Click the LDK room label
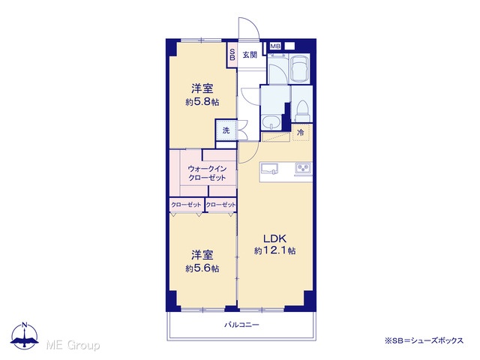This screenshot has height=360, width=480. point(275,238)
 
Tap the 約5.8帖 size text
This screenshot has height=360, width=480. point(202,102)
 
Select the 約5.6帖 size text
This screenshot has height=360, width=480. point(202,268)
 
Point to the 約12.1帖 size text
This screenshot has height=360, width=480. point(275,250)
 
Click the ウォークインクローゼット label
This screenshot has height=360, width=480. point(207,173)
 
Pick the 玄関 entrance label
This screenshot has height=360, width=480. point(250,55)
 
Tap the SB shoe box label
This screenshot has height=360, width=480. point(232,54)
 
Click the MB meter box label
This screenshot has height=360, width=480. point(275,46)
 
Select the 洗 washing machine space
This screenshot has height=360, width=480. point(226,130)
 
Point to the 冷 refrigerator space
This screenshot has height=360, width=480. point(301,132)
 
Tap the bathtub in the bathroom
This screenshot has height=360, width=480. point(300,69)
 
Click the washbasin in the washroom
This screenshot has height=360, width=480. point(271,122)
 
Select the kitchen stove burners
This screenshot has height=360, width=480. point(303,168)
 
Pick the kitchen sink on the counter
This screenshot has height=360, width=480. point(269,168)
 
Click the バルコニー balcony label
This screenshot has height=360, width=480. point(241,325)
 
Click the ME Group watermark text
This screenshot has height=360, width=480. point(73,345)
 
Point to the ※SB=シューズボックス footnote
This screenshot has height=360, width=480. point(424,340)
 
